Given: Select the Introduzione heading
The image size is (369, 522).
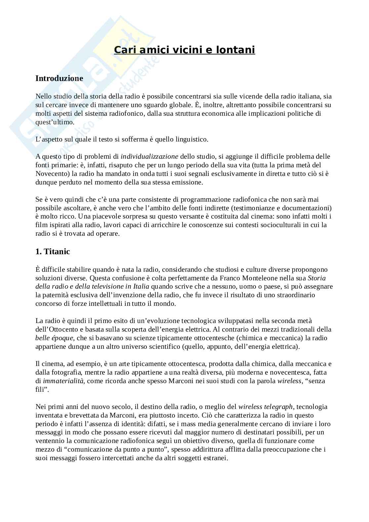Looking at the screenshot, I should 59,78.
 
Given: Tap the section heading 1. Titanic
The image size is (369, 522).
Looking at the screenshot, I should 53,252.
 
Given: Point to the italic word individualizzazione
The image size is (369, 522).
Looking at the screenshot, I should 149,156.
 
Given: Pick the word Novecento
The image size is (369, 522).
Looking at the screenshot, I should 50,174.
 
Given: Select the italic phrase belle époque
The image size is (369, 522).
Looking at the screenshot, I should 54,338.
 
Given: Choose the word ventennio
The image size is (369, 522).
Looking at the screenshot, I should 49,441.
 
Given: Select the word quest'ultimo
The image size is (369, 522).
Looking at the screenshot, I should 55,122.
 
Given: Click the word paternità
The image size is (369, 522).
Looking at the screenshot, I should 55,295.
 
